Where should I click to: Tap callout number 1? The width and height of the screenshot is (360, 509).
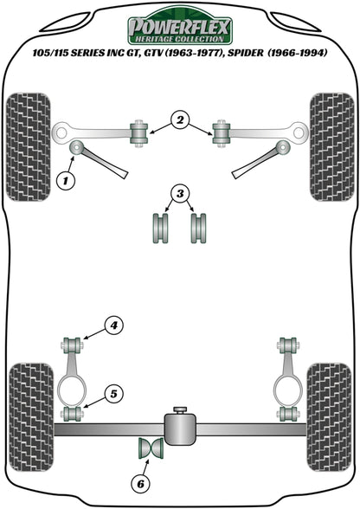(x=64, y=181)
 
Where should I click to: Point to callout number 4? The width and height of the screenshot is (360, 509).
(x=113, y=325)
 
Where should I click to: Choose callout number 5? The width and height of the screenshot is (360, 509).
(x=113, y=394)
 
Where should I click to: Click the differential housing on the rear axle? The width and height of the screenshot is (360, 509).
(x=180, y=427)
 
